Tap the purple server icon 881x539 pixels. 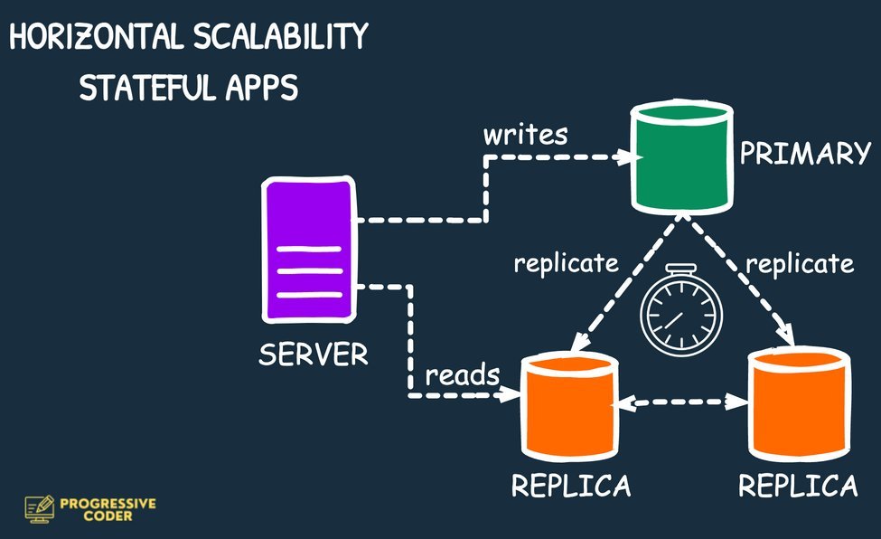[x=308, y=253]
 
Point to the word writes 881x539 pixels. [x=526, y=136]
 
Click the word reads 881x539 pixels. [x=462, y=373]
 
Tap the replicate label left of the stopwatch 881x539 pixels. [x=567, y=264]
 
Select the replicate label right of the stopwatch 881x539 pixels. [x=799, y=264]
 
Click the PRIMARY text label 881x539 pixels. [x=804, y=154]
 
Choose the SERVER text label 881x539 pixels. [x=314, y=354]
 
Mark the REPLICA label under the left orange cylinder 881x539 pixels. [x=571, y=486]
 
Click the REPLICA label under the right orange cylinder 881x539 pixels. [x=798, y=486]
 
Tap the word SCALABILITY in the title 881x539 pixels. [x=281, y=37]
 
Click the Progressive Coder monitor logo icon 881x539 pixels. [x=40, y=508]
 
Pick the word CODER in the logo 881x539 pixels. [x=108, y=516]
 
